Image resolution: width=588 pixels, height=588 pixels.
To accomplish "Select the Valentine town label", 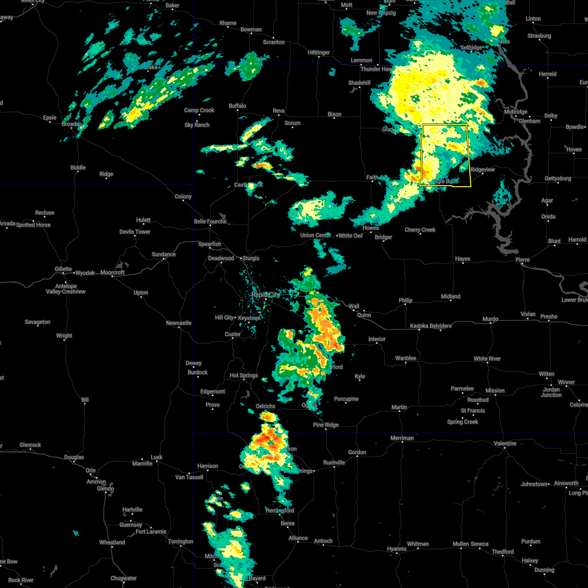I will pyautogui.click(x=505, y=443).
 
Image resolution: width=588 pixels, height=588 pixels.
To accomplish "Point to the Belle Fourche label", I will pyautogui.click(x=210, y=221).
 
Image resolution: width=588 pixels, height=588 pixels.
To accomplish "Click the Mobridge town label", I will pyautogui.click(x=515, y=112).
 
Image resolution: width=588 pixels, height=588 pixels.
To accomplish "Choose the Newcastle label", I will pyautogui.click(x=178, y=323).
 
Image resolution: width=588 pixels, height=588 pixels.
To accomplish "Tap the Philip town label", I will pyautogui.click(x=405, y=300).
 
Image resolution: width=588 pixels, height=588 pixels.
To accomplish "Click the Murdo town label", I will pyautogui.click(x=490, y=319).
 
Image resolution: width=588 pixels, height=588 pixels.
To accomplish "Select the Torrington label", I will pyautogui.click(x=180, y=541).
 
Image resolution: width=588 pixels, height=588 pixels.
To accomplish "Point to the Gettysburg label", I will pyautogui.click(x=558, y=178).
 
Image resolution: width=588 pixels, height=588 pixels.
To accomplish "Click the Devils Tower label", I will pyautogui.click(x=135, y=232).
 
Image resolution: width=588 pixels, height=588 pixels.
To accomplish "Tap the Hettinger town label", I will pyautogui.click(x=318, y=52).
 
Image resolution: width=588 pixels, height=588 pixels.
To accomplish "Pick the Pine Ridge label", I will pyautogui.click(x=326, y=425).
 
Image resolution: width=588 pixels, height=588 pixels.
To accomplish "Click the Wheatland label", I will pyautogui.click(x=112, y=542).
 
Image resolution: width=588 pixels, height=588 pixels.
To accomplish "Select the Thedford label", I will pyautogui.click(x=503, y=552).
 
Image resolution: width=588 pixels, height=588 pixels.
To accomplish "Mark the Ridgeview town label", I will pyautogui.click(x=483, y=170).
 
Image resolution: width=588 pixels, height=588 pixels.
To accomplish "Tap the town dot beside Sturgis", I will pyautogui.click(x=241, y=258).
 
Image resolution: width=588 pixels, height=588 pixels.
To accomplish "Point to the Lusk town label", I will pyautogui.click(x=156, y=457).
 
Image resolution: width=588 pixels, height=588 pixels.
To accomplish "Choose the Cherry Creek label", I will pyautogui.click(x=420, y=230).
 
